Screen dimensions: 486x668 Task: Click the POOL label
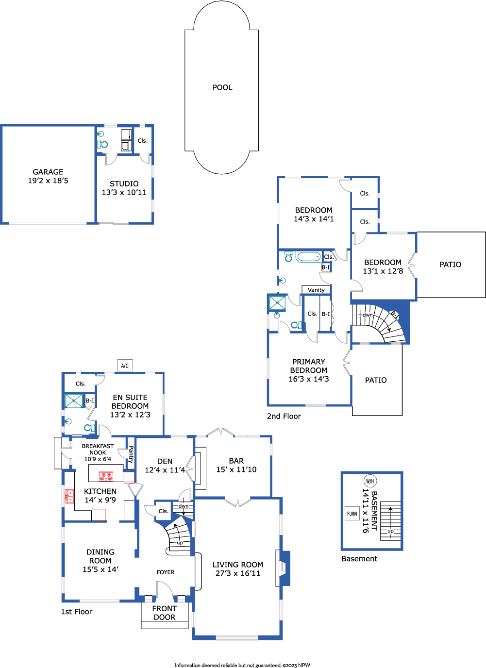[222, 87]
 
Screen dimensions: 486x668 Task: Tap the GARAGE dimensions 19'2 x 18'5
[48, 181]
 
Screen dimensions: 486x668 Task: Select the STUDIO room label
[124, 184]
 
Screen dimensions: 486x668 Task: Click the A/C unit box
[125, 365]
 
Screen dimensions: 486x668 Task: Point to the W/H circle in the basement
[370, 481]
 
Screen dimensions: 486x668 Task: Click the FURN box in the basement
[352, 514]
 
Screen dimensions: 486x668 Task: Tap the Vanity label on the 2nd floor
[316, 290]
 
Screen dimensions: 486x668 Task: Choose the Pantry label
[131, 454]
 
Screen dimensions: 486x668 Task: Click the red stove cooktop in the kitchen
[106, 476]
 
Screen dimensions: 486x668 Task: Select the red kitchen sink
[69, 496]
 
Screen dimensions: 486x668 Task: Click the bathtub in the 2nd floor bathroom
[308, 257]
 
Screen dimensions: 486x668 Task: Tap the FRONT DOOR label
[165, 613]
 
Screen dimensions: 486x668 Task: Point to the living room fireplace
[283, 568]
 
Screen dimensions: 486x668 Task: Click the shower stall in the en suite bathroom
[74, 401]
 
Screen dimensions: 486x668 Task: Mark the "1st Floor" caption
[77, 612]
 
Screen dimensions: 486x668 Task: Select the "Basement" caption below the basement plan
[359, 559]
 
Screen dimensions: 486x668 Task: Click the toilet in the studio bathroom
[102, 145]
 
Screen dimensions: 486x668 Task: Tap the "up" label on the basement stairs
[390, 531]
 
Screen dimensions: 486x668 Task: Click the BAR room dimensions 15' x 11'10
[236, 469]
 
